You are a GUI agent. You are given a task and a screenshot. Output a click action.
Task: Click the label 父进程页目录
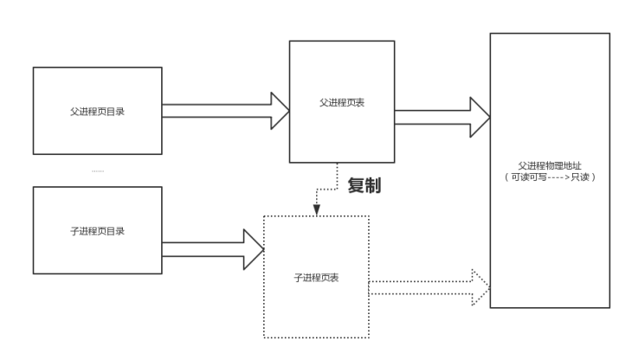pyautogui.click(x=97, y=112)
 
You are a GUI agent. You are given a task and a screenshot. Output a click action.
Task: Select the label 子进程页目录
pyautogui.click(x=97, y=231)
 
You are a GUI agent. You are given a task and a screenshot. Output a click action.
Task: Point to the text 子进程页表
pyautogui.click(x=315, y=279)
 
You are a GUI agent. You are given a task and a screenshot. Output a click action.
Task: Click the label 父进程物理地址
pyautogui.click(x=550, y=165)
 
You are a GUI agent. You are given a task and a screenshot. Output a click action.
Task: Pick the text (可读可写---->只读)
pyautogui.click(x=550, y=177)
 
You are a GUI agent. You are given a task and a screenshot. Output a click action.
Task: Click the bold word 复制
pyautogui.click(x=364, y=185)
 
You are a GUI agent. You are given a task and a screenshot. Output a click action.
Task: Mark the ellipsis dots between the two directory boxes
pyautogui.click(x=97, y=171)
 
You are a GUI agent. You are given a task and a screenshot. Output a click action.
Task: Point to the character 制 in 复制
pyautogui.click(x=373, y=185)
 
